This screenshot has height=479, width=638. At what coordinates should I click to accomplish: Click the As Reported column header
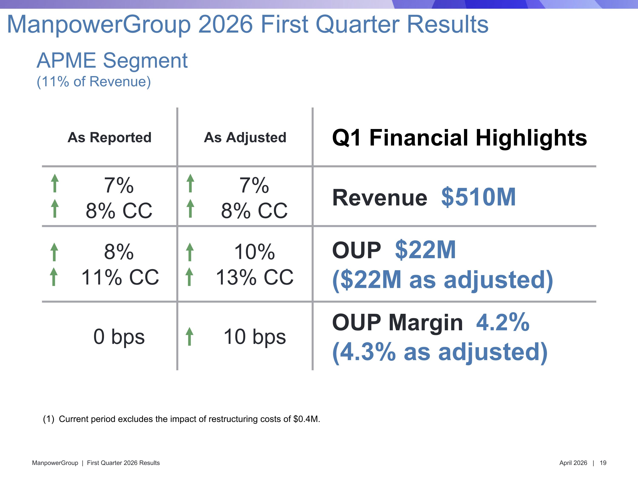tap(109, 138)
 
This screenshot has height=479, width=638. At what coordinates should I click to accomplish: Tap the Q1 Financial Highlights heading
tap(459, 138)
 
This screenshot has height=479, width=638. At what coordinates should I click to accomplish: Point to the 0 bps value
tap(119, 337)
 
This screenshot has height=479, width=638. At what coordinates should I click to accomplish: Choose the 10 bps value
tap(255, 337)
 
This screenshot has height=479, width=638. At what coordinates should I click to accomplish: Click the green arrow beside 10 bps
tap(189, 336)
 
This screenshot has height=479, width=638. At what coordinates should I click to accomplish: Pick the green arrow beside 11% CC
tap(54, 277)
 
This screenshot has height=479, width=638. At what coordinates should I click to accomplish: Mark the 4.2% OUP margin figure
tap(503, 322)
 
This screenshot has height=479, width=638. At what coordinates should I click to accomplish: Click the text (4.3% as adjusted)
tap(440, 352)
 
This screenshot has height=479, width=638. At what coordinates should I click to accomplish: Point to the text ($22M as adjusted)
tap(442, 280)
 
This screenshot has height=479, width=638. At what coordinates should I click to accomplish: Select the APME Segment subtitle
tap(112, 61)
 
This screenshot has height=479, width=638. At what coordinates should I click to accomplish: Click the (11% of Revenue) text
tap(94, 82)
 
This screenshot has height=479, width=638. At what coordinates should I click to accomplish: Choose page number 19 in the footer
tap(603, 463)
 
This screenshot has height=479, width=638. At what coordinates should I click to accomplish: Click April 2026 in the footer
tap(573, 463)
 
